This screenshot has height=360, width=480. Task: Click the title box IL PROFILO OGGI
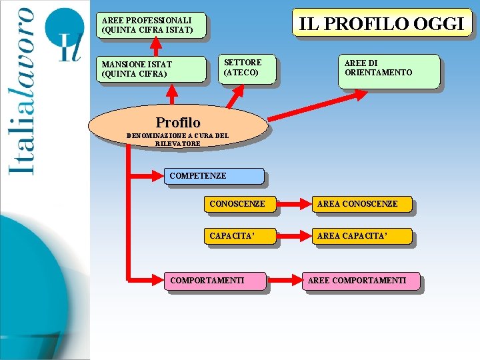point(382,23)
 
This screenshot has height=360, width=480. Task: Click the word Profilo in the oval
point(177,123)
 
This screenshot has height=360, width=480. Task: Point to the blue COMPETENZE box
point(213,176)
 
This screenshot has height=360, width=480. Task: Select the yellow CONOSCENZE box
point(239,204)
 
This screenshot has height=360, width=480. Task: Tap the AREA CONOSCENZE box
point(362,204)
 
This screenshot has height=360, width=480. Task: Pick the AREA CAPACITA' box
point(362,236)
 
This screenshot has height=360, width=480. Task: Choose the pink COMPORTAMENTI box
point(215,281)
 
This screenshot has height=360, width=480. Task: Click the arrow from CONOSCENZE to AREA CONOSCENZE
point(293,204)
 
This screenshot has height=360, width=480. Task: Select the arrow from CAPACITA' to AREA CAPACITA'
point(293,236)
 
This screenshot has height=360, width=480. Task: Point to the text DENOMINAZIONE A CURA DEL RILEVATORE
point(177,139)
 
